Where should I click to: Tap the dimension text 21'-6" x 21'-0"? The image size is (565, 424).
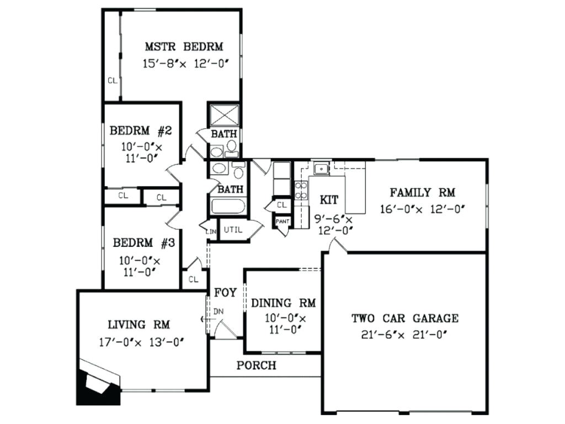[404, 333]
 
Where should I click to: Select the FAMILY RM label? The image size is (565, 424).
[422, 193]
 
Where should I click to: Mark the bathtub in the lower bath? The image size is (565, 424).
[228, 206]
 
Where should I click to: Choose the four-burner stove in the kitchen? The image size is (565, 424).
[301, 190]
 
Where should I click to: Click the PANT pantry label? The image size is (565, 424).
[282, 221]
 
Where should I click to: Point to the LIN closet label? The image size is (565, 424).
[211, 231]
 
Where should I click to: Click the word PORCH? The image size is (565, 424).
[256, 365]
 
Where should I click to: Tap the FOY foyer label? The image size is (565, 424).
[225, 293]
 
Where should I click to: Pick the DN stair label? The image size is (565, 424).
[218, 311]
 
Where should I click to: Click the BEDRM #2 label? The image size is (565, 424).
[141, 131]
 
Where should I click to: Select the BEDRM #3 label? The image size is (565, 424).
[144, 243]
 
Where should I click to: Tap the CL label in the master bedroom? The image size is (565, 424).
[112, 81]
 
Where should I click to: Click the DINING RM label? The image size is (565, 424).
[283, 303]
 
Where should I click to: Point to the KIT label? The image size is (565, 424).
[329, 200]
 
